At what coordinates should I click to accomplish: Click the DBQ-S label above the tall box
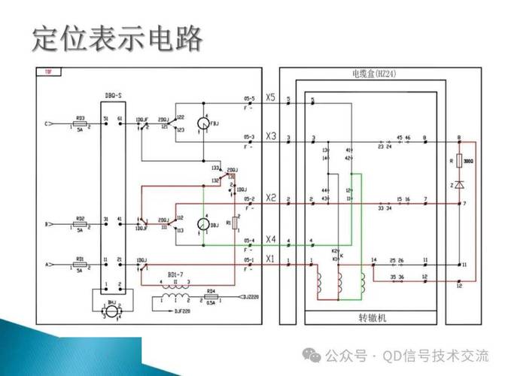pos(115,96)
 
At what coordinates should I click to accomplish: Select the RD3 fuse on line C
pos(80,123)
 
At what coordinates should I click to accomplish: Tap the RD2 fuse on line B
pos(80,223)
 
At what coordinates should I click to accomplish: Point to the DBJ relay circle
pos(202,224)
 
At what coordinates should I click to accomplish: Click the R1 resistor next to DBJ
pos(236,223)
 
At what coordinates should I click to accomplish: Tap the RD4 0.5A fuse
pos(211,295)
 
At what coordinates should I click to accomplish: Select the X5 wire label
pos(271,98)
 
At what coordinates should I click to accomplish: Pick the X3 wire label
pos(271,135)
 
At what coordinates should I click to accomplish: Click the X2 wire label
pos(271,198)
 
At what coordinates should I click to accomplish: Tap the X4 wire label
pos(271,239)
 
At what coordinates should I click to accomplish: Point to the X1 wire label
pos(271,258)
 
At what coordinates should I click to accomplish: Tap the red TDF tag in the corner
pos(48,73)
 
